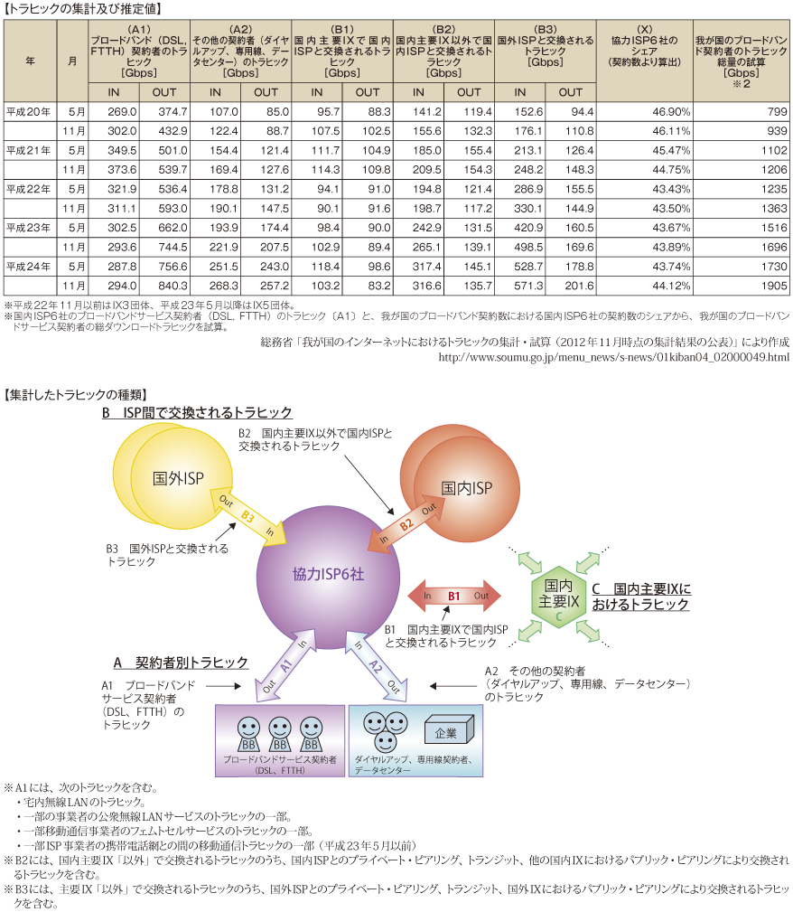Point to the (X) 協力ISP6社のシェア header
tap(645, 45)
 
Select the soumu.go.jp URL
tap(614, 357)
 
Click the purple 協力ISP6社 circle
tap(328, 575)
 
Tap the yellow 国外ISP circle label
tap(178, 479)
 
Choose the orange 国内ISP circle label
tap(466, 488)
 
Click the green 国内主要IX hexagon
tap(558, 597)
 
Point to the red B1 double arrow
tap(454, 596)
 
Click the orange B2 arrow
tap(406, 523)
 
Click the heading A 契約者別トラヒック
tap(181, 663)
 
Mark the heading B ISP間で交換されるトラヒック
tap(197, 412)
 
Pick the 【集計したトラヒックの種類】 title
tap(75, 395)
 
